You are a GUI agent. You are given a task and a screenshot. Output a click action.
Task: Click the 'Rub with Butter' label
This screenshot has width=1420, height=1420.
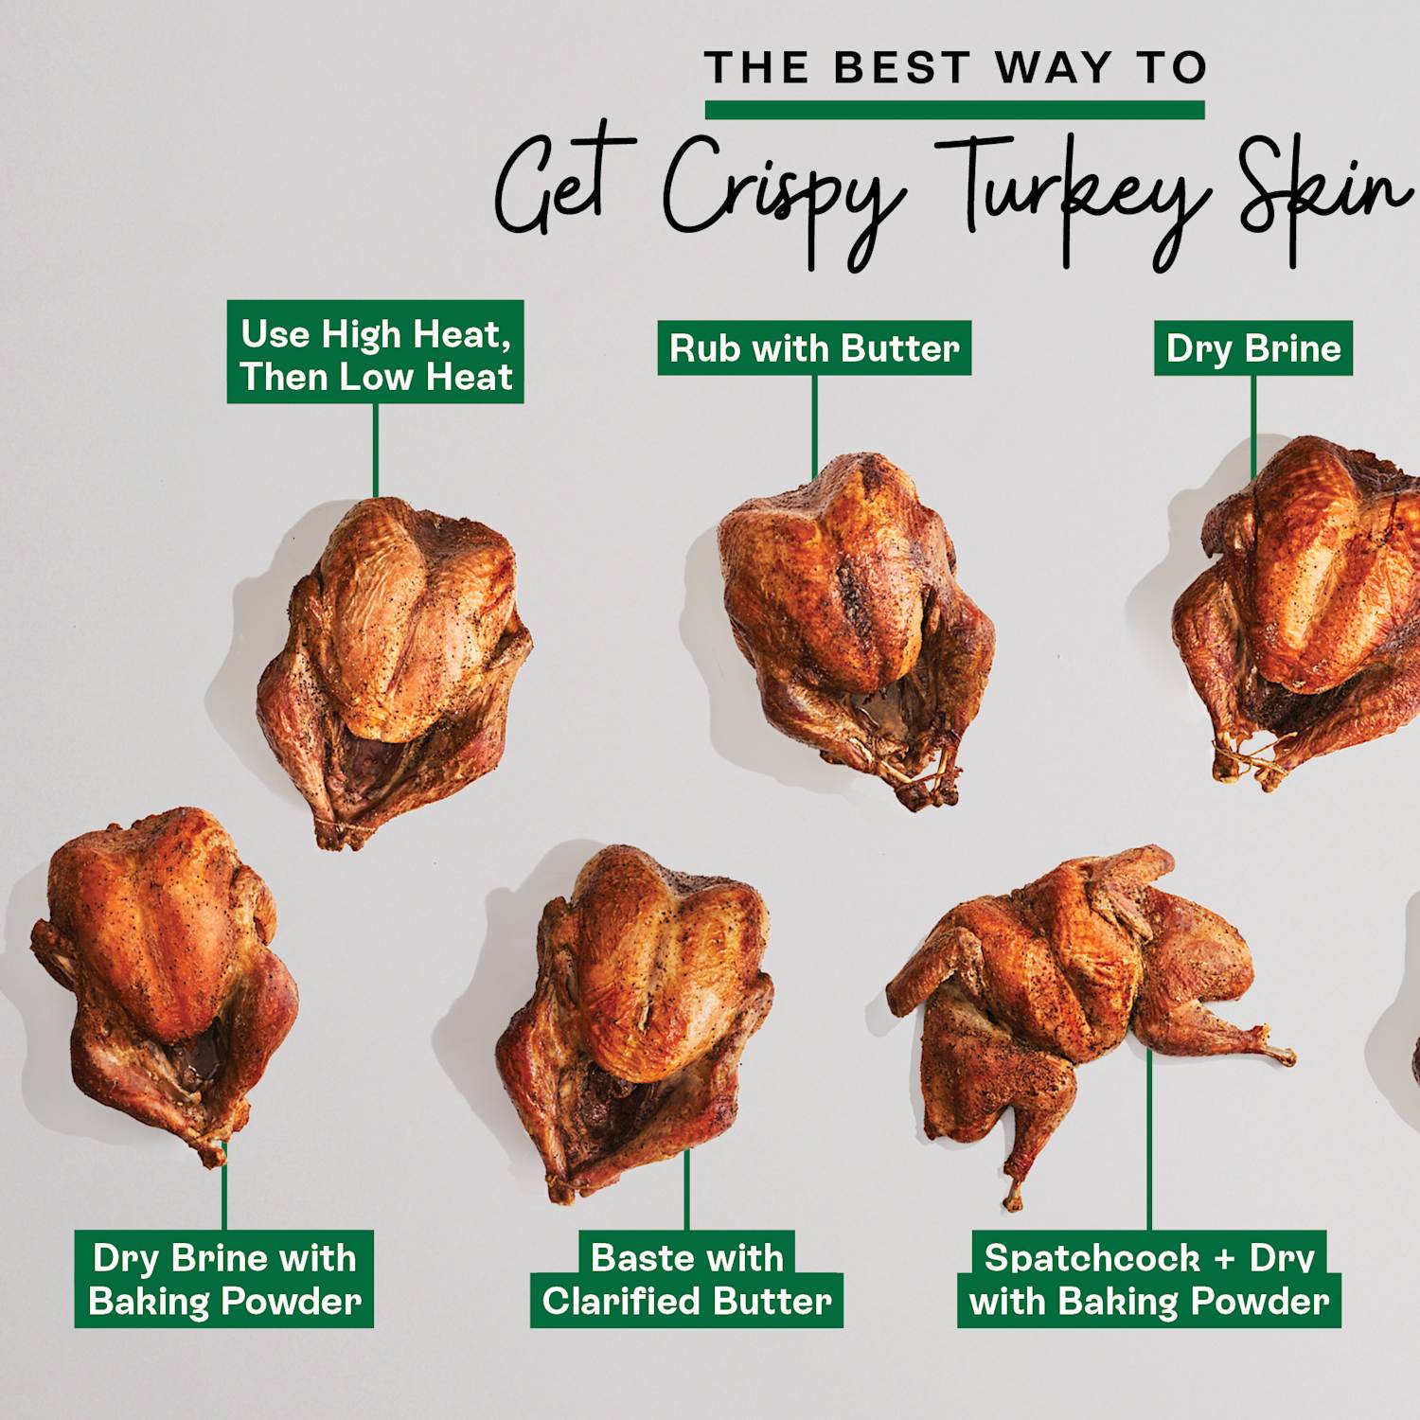pyautogui.click(x=814, y=348)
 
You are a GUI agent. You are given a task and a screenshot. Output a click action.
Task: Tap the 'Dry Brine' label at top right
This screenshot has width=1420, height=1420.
pyautogui.click(x=1252, y=348)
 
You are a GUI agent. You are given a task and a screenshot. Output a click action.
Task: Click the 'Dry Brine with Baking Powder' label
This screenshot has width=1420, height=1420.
pyautogui.click(x=224, y=1279)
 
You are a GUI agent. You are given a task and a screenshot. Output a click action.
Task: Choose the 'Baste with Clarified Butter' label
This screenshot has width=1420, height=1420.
pyautogui.click(x=686, y=1279)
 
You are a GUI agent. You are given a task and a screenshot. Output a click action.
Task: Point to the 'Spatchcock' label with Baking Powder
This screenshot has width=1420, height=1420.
pyautogui.click(x=1149, y=1279)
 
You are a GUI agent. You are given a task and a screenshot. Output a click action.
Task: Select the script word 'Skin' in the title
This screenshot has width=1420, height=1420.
pyautogui.click(x=1325, y=189)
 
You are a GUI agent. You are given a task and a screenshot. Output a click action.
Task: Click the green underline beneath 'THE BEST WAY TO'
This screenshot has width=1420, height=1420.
pyautogui.click(x=954, y=110)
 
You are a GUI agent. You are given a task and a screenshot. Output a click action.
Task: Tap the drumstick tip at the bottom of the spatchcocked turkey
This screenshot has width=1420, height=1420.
pyautogui.click(x=1013, y=1200)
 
